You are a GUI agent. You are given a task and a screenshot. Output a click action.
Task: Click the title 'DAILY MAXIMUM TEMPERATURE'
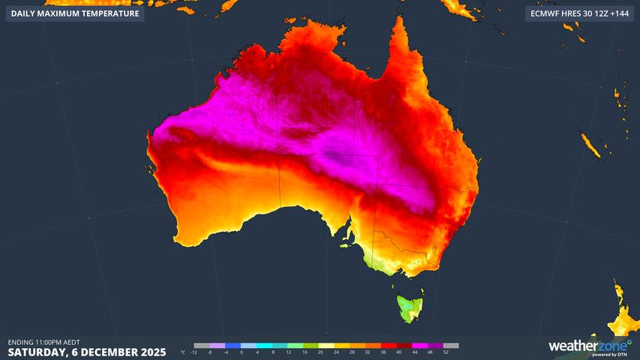coord(75,13)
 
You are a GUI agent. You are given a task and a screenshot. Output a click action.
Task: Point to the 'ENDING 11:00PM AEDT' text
coord(44,342)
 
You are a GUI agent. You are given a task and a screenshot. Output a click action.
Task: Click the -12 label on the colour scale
coord(194,352)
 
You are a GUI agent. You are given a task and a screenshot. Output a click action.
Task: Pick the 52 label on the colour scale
coord(446,352)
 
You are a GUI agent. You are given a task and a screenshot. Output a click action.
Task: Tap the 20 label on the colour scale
coord(320,352)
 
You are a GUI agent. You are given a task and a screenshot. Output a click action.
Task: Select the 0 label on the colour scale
coord(242,352)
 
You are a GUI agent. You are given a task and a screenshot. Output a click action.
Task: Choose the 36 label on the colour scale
coord(383,352)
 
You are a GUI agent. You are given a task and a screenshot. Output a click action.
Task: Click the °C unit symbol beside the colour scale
coord(184,352)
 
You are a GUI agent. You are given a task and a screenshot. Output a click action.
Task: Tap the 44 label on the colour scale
coord(414,352)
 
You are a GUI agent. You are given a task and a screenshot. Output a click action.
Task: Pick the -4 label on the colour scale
coord(226,352)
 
